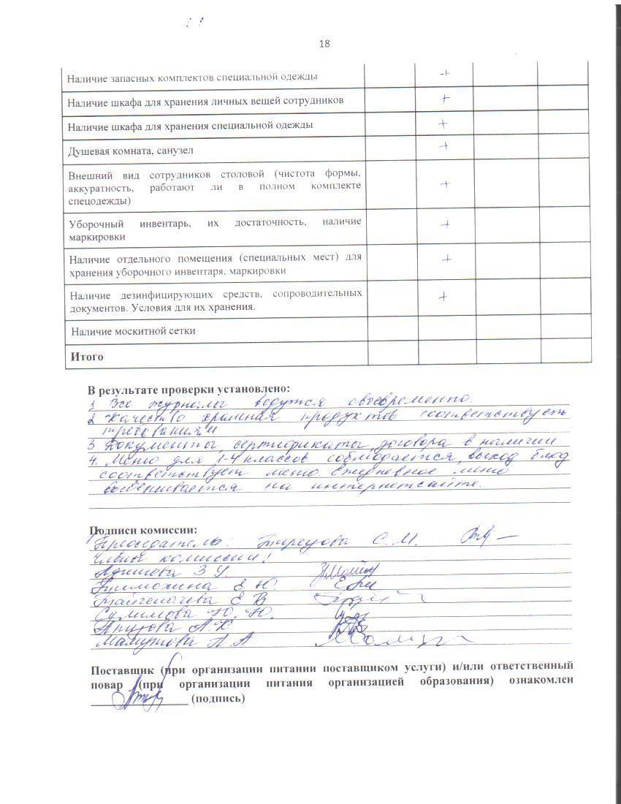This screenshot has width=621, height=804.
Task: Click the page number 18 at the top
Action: [324, 44]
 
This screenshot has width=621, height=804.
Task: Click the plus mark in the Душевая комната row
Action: [443, 147]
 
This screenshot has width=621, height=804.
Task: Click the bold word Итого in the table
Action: [86, 357]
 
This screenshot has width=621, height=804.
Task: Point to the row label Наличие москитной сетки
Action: [134, 331]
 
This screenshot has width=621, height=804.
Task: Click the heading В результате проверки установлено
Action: [188, 389]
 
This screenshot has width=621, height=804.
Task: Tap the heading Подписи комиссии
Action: [143, 530]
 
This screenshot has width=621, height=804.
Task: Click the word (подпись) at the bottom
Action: [218, 698]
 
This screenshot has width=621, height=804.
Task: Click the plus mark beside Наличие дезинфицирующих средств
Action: [442, 296]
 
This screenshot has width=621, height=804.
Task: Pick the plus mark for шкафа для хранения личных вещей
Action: [443, 99]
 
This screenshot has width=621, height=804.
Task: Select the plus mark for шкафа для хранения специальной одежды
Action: [443, 124]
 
